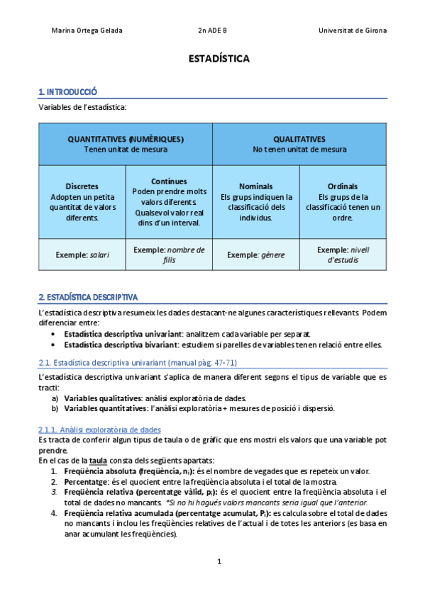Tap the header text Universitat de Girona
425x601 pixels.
point(353,30)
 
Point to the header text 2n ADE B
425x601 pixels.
point(212,30)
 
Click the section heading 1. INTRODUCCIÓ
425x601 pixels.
point(67,91)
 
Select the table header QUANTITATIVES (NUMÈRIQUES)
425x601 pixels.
point(126,139)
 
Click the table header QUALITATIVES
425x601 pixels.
point(299,139)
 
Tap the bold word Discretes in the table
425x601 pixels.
point(82,186)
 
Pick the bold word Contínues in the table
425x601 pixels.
point(169,181)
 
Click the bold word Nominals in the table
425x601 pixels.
point(255,186)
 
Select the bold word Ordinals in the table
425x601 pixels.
point(343,186)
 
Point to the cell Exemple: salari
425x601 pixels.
point(82,254)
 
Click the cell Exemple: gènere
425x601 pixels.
point(256,254)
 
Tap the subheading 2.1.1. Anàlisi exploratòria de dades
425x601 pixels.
point(99,429)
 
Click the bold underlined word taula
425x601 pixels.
point(99,460)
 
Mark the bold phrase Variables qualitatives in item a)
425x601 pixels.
point(101,398)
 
